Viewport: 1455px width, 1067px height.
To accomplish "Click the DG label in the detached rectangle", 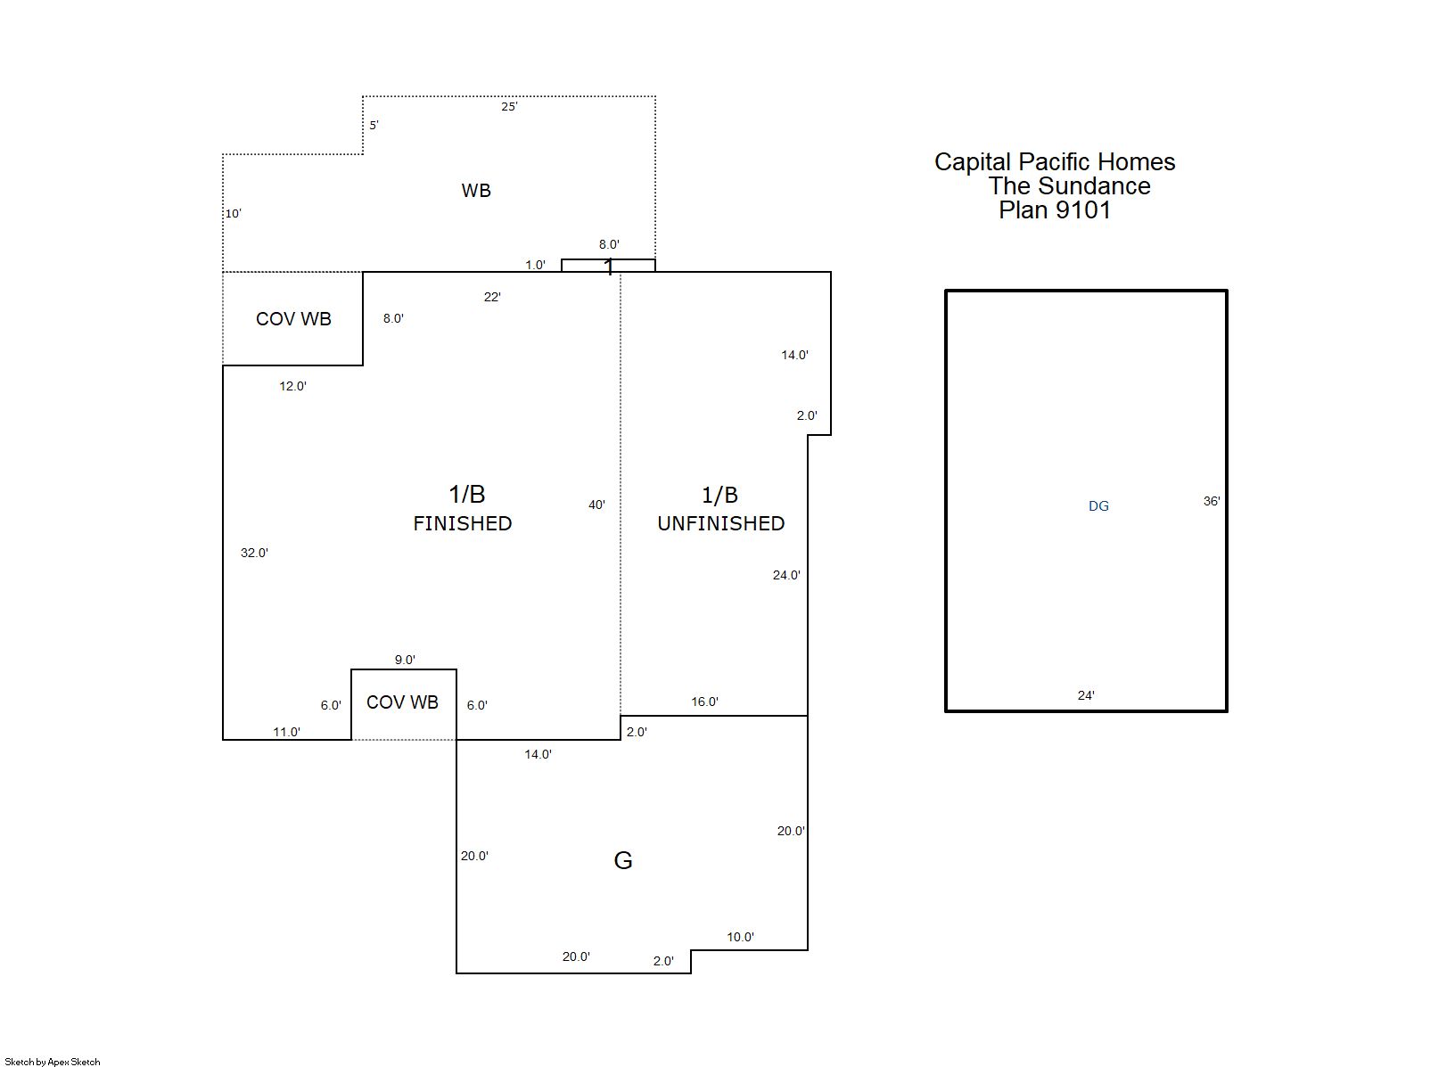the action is [1098, 506].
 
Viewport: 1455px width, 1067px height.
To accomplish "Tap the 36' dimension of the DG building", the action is [1212, 501].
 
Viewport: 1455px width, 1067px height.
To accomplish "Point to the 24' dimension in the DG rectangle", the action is [1086, 695].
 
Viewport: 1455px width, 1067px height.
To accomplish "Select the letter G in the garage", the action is [623, 860].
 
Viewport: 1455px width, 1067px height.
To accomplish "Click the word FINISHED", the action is [463, 523].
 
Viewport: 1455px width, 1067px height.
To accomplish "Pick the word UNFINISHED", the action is [721, 523].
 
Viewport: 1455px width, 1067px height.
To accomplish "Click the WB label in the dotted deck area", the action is [476, 190].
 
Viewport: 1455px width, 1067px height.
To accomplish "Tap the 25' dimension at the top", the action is [509, 106].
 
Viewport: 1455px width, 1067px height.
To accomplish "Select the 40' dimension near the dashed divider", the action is [596, 505].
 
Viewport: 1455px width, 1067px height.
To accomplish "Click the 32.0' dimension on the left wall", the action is [254, 553].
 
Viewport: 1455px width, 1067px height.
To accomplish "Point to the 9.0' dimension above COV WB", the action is [405, 660].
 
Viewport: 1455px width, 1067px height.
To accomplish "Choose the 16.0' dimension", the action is [704, 702].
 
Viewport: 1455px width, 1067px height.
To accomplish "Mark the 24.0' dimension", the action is [786, 575].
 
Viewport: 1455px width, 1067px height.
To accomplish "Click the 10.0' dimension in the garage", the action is [740, 937].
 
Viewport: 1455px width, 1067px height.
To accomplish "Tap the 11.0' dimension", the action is [286, 732].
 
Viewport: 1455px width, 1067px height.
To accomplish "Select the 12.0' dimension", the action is [292, 386].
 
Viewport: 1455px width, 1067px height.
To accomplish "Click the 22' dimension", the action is [492, 297].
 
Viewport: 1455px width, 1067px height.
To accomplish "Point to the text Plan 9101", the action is [1054, 209].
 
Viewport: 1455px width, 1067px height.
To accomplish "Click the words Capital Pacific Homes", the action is [1055, 161].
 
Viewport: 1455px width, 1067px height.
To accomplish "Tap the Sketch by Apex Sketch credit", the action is [53, 1062].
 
